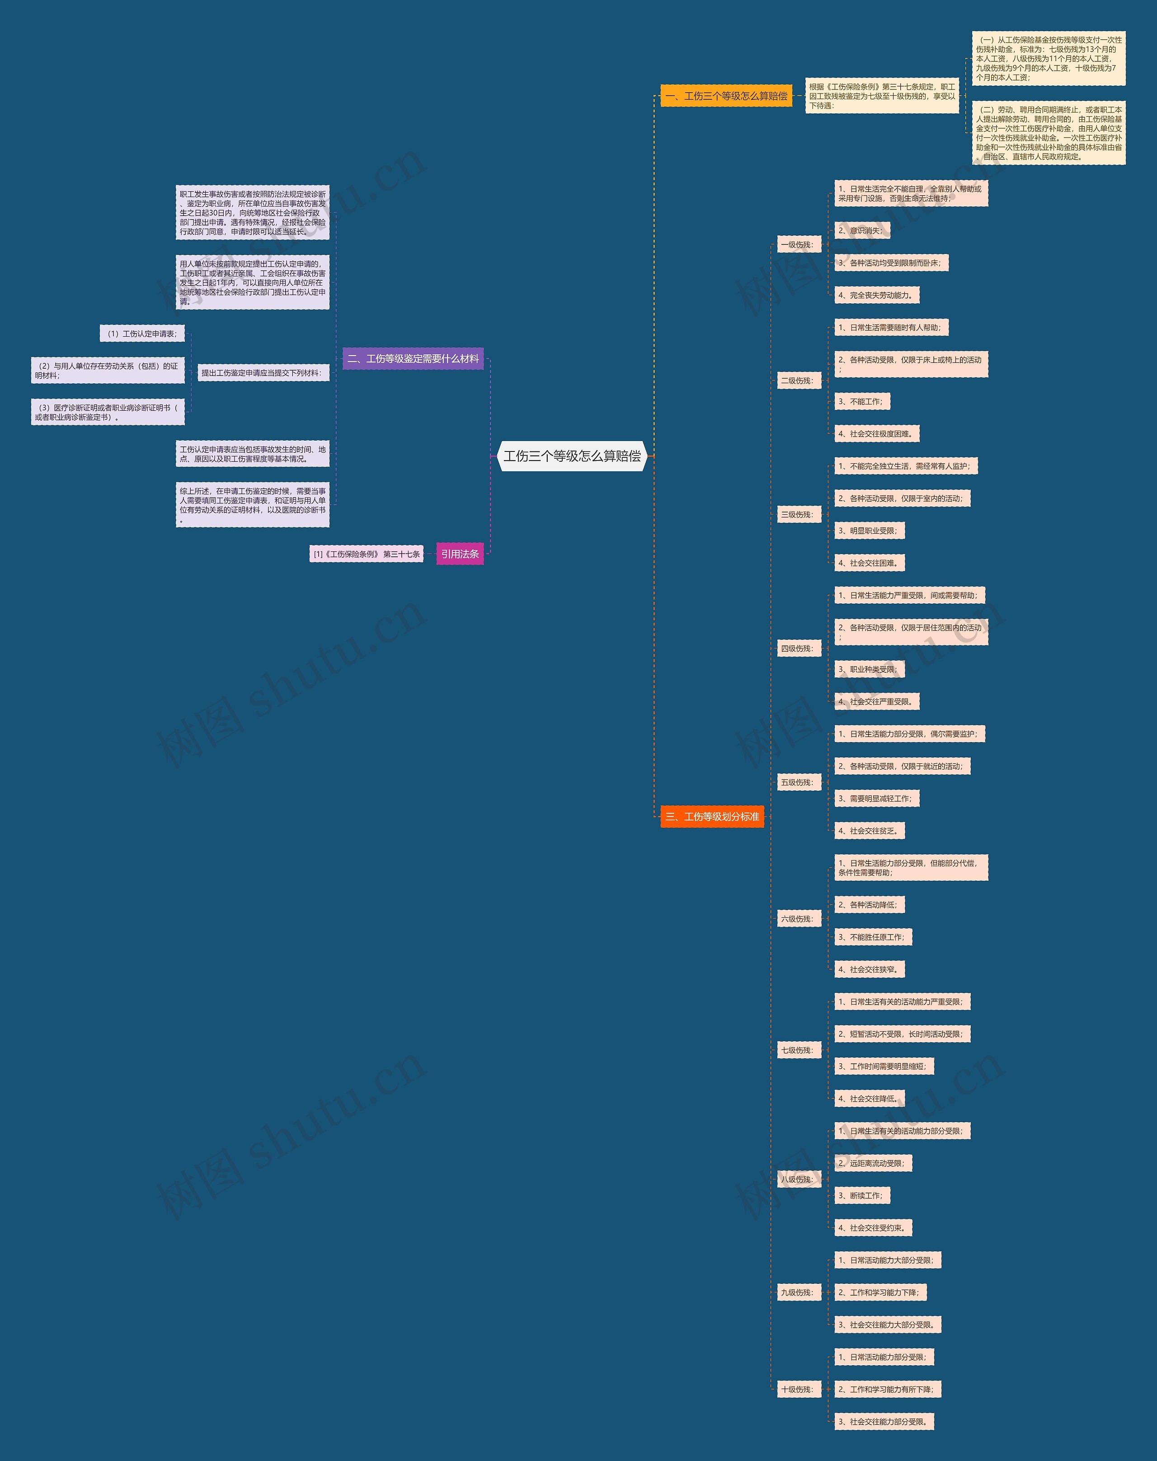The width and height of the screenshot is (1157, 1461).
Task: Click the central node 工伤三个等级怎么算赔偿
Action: tap(573, 456)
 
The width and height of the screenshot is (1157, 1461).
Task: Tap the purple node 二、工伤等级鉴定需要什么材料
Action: tap(413, 359)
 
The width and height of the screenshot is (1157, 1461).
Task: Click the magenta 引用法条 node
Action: tap(460, 554)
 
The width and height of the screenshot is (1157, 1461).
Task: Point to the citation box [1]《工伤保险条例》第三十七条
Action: tap(366, 554)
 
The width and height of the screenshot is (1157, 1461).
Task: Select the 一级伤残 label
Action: tap(797, 244)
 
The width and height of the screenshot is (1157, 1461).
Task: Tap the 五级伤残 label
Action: tap(797, 782)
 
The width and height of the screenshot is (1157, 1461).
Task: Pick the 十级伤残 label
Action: tap(797, 1389)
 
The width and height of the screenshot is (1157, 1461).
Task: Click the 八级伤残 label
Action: tap(797, 1179)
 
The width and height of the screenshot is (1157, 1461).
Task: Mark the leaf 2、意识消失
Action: tap(861, 231)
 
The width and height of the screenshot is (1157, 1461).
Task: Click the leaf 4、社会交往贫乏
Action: tap(869, 831)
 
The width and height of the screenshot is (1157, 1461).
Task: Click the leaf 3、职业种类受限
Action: tap(868, 669)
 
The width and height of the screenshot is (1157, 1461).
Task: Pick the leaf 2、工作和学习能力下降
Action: tap(879, 1292)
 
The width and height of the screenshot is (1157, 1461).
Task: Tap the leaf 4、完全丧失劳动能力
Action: tap(876, 295)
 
